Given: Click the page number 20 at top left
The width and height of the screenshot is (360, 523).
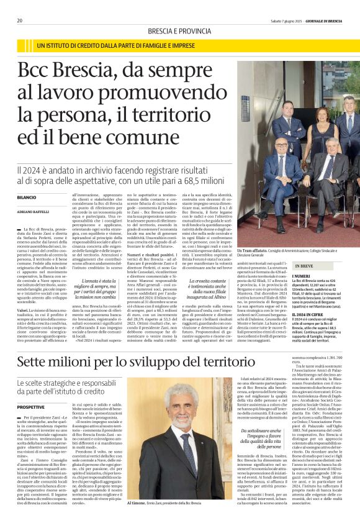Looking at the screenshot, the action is (x=19, y=20).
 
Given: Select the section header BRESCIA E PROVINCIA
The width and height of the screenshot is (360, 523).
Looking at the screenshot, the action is (x=179, y=30).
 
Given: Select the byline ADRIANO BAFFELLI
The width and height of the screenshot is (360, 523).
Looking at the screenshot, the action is (x=32, y=210).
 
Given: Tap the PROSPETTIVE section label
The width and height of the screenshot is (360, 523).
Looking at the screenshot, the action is (x=31, y=389).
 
